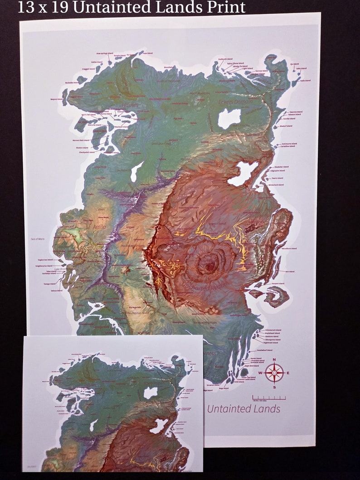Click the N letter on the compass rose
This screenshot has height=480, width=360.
coord(274,360)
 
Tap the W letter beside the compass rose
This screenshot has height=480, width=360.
coord(261,373)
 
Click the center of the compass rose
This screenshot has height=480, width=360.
coord(274,373)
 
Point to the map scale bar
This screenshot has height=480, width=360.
coord(269,398)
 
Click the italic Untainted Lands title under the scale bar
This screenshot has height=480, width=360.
coord(243,409)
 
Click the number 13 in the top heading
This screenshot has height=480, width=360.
coord(26,7)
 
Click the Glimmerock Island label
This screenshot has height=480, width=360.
coord(273,330)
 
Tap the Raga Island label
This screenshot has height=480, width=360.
coord(224,388)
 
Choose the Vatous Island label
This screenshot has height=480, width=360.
coord(57,291)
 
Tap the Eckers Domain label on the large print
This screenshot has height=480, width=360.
coord(236,102)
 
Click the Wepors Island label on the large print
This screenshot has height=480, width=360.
coord(56,99)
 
